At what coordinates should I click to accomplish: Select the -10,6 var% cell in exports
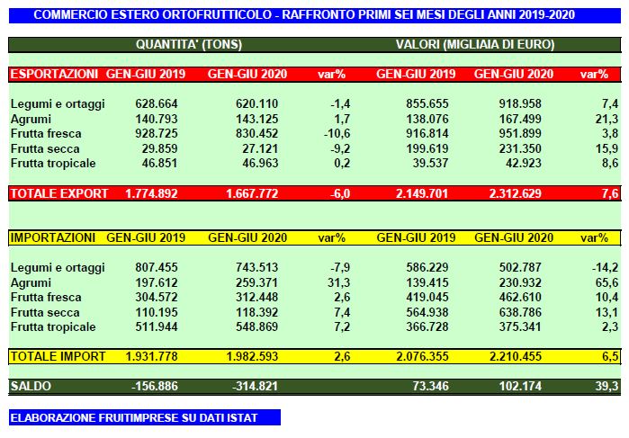(335, 133)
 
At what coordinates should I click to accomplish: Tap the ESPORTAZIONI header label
(53, 74)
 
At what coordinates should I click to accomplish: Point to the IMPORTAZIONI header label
(53, 238)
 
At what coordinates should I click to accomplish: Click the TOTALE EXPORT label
(59, 193)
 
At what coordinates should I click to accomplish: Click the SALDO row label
(32, 386)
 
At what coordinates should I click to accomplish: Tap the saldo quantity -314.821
(255, 386)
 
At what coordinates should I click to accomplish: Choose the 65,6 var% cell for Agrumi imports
(605, 282)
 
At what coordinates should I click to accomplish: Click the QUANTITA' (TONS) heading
(189, 44)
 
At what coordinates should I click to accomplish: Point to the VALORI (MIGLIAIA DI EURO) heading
(474, 44)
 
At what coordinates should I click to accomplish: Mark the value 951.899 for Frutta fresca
(524, 133)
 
